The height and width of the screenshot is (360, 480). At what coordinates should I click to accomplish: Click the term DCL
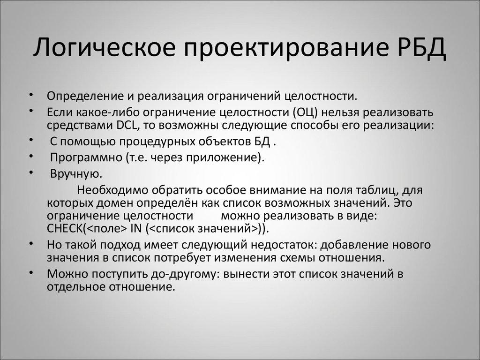pyautogui.click(x=125, y=126)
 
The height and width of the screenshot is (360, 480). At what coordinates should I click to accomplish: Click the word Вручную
pyautogui.click(x=75, y=174)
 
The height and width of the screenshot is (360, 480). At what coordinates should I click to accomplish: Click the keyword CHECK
pyautogui.click(x=65, y=229)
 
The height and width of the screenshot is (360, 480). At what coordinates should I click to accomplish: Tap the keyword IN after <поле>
pyautogui.click(x=136, y=229)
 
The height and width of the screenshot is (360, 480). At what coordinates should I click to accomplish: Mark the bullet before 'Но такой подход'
pyautogui.click(x=30, y=244)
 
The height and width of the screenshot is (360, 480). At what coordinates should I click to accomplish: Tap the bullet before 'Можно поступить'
pyautogui.click(x=30, y=273)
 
